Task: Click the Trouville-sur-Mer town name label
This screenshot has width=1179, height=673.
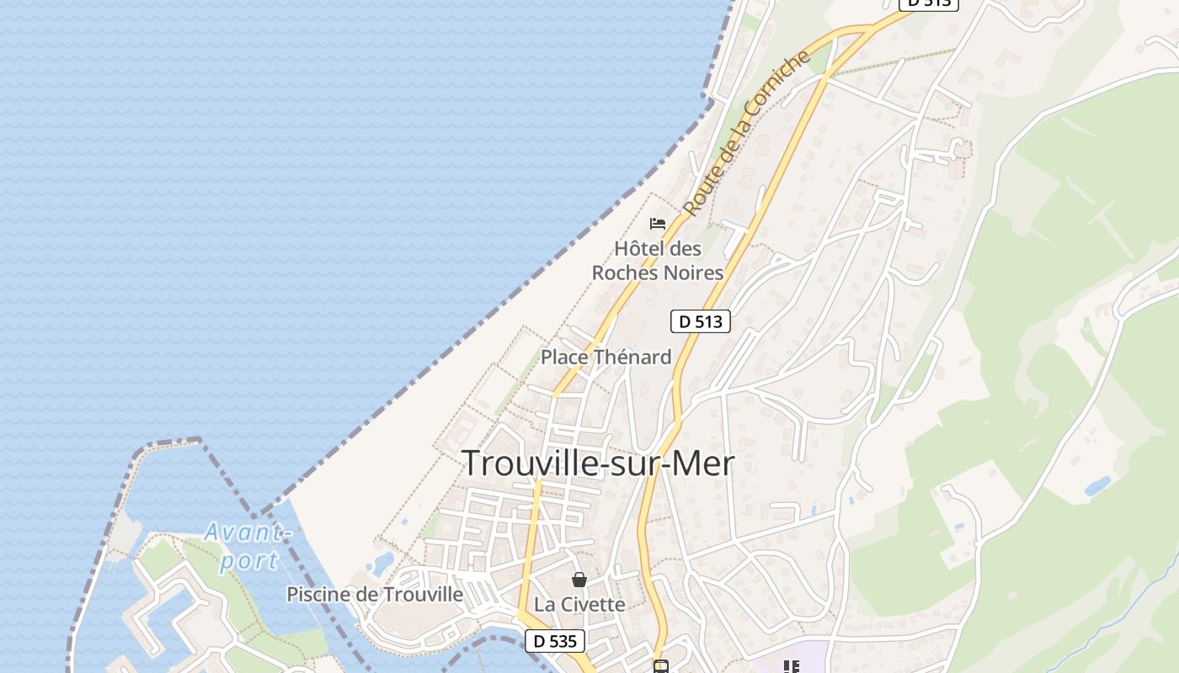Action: pos(598,464)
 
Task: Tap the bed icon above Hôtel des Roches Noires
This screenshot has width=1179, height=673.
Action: pos(658,224)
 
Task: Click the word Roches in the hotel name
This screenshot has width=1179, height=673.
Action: pos(622,273)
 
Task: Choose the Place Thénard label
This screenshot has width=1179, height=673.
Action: pos(606,357)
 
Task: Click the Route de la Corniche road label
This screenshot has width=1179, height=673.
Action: pos(746,133)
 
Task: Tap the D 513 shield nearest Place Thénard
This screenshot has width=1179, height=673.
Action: pos(700,321)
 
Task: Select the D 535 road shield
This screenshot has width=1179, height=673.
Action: pos(555,641)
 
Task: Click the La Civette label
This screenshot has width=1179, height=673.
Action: pos(579,605)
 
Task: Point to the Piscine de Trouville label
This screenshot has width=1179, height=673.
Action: pos(375,594)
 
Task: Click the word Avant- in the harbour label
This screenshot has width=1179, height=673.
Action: pos(248,532)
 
